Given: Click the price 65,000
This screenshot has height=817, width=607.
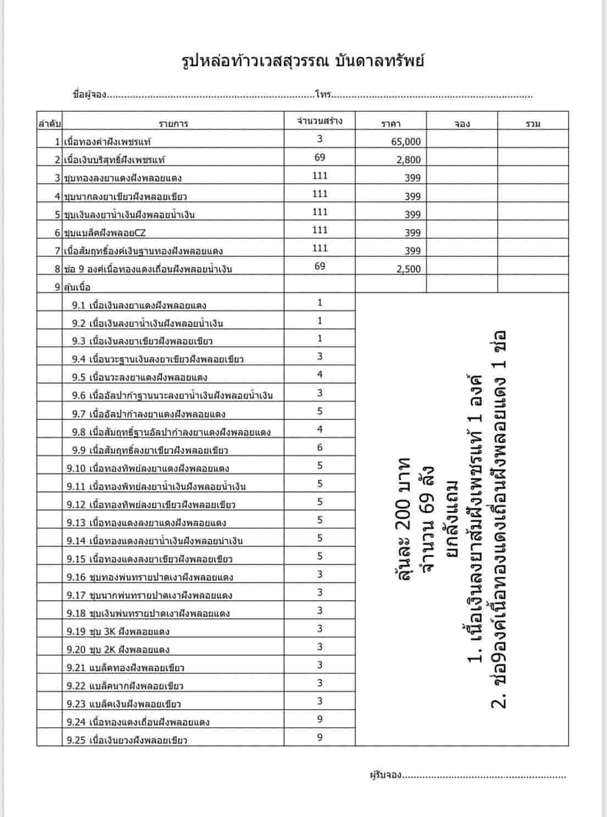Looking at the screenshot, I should pyautogui.click(x=406, y=142).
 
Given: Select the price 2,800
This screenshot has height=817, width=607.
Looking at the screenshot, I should pyautogui.click(x=409, y=160).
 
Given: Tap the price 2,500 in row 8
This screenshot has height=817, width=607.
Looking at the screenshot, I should pyautogui.click(x=409, y=269).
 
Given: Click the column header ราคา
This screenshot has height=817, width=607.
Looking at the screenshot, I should pyautogui.click(x=391, y=123).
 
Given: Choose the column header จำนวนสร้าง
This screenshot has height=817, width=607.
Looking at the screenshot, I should pyautogui.click(x=319, y=121).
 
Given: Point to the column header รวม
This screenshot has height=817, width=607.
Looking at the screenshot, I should pyautogui.click(x=533, y=124).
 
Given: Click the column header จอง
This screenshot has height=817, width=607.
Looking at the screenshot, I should pyautogui.click(x=462, y=124).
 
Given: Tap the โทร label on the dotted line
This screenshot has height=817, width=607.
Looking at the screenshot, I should pyautogui.click(x=323, y=95).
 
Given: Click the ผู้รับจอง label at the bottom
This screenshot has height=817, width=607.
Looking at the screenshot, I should pyautogui.click(x=385, y=775).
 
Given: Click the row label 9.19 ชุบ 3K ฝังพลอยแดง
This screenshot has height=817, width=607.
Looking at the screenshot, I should pyautogui.click(x=118, y=631).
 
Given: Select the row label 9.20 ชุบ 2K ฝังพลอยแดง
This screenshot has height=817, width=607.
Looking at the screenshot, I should pyautogui.click(x=118, y=650).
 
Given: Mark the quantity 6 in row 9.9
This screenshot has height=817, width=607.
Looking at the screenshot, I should pyautogui.click(x=319, y=448).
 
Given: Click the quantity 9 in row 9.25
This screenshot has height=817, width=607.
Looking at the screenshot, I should pyautogui.click(x=319, y=738).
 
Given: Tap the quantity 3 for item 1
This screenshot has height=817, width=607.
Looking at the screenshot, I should pyautogui.click(x=319, y=139).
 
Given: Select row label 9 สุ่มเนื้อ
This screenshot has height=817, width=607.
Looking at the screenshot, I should pyautogui.click(x=77, y=287).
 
